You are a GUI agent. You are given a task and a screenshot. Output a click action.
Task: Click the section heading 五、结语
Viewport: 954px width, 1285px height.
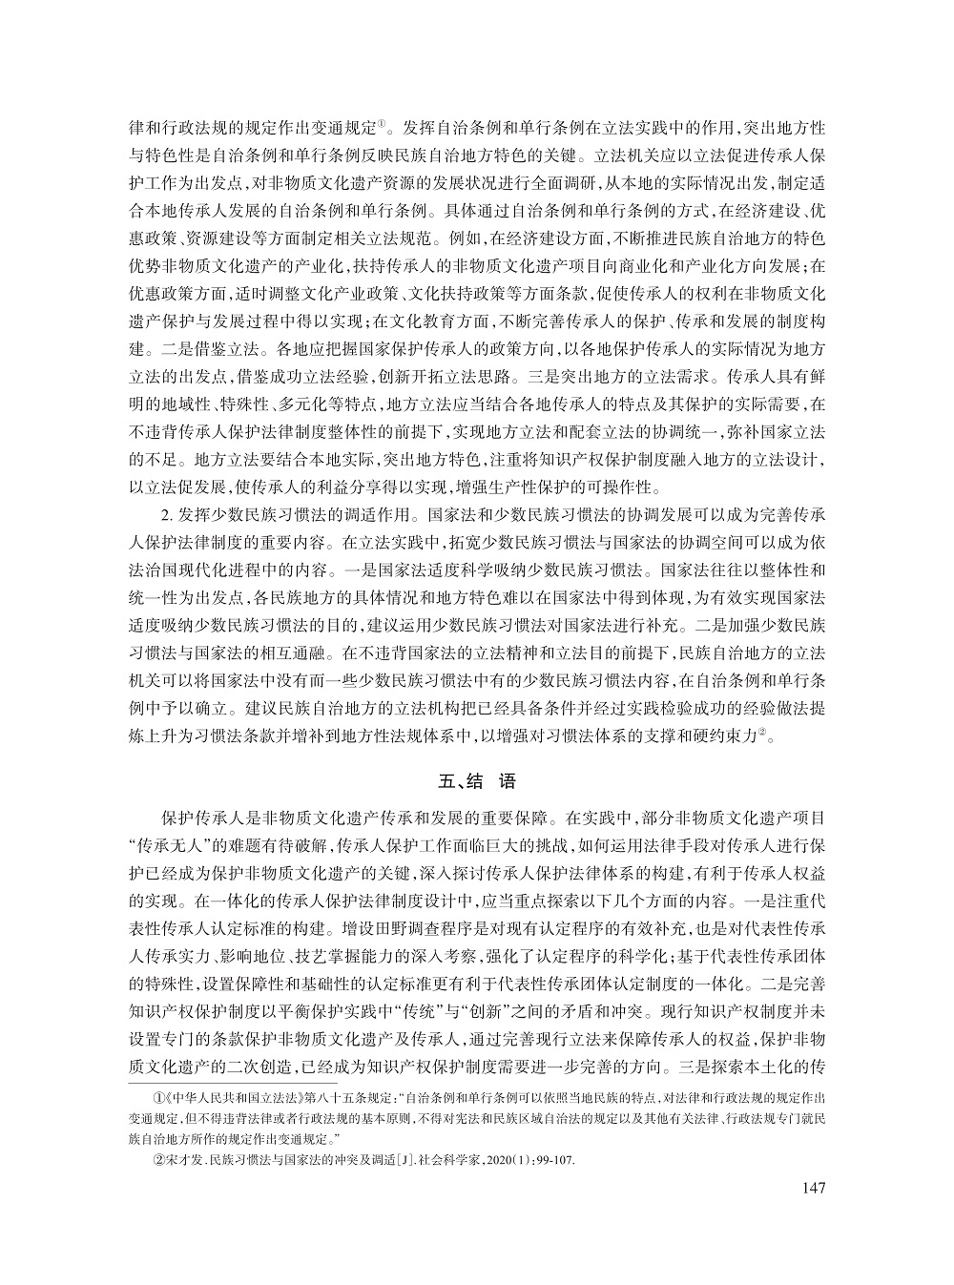click(x=476, y=781)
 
